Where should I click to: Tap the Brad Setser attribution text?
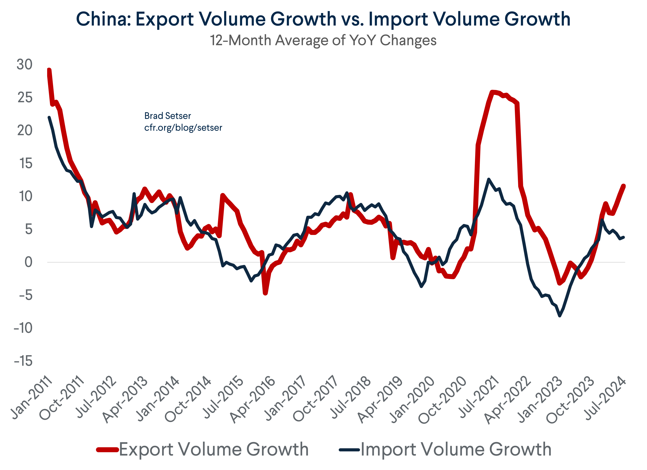(x=167, y=116)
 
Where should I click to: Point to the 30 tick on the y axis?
(x=25, y=65)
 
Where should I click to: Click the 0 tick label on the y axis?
(x=28, y=262)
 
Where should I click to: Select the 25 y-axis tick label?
(x=25, y=98)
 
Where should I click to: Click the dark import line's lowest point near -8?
(x=560, y=316)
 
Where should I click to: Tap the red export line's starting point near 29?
(x=49, y=70)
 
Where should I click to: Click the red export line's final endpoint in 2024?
(x=624, y=186)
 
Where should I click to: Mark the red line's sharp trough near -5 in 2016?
(x=265, y=293)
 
